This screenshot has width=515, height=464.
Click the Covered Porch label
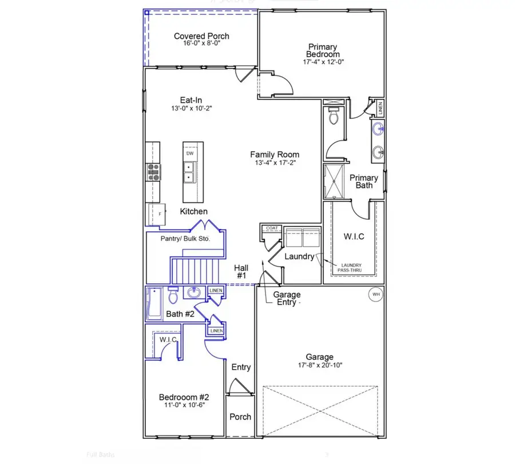(x=201, y=37)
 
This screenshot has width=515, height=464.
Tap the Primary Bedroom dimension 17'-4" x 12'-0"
(x=323, y=62)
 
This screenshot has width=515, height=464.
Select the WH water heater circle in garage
(x=376, y=295)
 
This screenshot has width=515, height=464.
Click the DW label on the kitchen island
(x=189, y=153)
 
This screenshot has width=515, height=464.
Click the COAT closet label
(x=272, y=228)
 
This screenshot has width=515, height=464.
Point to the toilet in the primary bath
(x=335, y=118)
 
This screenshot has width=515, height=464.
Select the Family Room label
(x=275, y=154)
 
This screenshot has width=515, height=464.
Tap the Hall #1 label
(x=240, y=271)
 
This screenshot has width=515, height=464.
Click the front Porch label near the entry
(x=240, y=417)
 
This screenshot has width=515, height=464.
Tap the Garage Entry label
(x=287, y=298)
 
